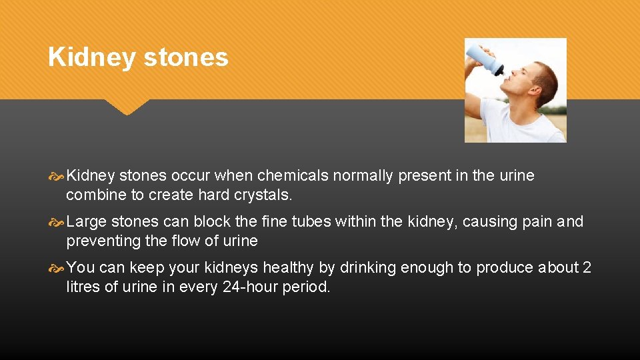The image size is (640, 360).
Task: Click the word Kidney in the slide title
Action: pyautogui.click(x=92, y=58)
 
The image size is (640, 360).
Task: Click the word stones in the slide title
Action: pyautogui.click(x=186, y=58)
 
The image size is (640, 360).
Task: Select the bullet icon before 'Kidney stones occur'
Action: pyautogui.click(x=57, y=176)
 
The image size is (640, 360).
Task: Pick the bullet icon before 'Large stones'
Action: pyautogui.click(x=57, y=222)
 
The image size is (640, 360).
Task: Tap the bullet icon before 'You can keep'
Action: pyautogui.click(x=57, y=268)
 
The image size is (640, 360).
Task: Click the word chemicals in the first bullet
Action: pyautogui.click(x=292, y=176)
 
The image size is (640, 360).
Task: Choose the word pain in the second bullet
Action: pyautogui.click(x=533, y=222)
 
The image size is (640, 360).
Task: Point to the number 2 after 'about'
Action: pyautogui.click(x=586, y=268)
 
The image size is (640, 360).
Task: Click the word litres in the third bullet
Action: pyautogui.click(x=82, y=287)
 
